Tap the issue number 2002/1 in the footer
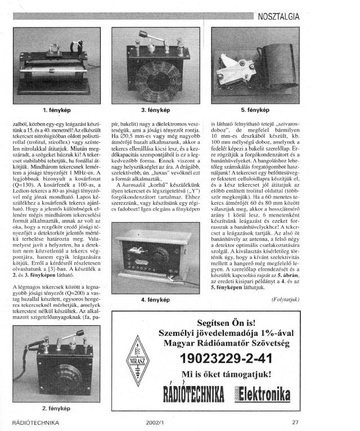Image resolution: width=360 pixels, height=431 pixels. coord(154,422)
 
